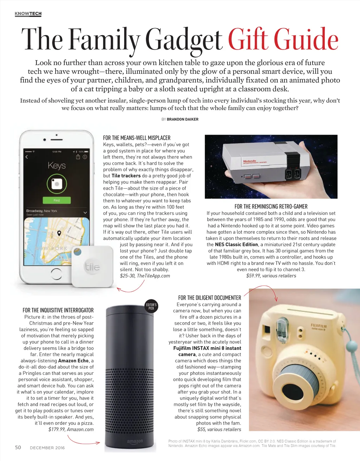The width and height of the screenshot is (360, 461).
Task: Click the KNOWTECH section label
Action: tap(28, 14)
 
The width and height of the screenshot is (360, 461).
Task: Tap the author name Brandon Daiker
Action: tap(182, 119)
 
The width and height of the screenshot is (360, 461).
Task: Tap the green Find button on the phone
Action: tap(57, 200)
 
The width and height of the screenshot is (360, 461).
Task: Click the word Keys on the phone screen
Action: tap(57, 165)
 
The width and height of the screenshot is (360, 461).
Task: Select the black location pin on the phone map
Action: tap(59, 233)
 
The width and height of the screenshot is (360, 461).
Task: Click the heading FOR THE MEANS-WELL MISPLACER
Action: tap(137, 138)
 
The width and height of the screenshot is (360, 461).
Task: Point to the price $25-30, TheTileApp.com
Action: tap(145, 276)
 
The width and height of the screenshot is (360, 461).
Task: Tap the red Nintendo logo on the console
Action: tap(250, 161)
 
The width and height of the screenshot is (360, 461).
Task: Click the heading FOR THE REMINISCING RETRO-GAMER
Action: tap(271, 207)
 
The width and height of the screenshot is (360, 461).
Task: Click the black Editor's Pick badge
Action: tap(151, 306)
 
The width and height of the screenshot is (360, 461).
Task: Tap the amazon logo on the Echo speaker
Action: tap(135, 441)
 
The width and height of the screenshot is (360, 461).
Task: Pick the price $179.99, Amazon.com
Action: tap(71, 429)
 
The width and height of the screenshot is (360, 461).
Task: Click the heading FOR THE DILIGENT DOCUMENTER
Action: tap(210, 298)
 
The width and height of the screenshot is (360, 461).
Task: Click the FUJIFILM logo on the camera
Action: tap(319, 326)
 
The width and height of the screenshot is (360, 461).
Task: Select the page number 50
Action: tap(18, 447)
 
